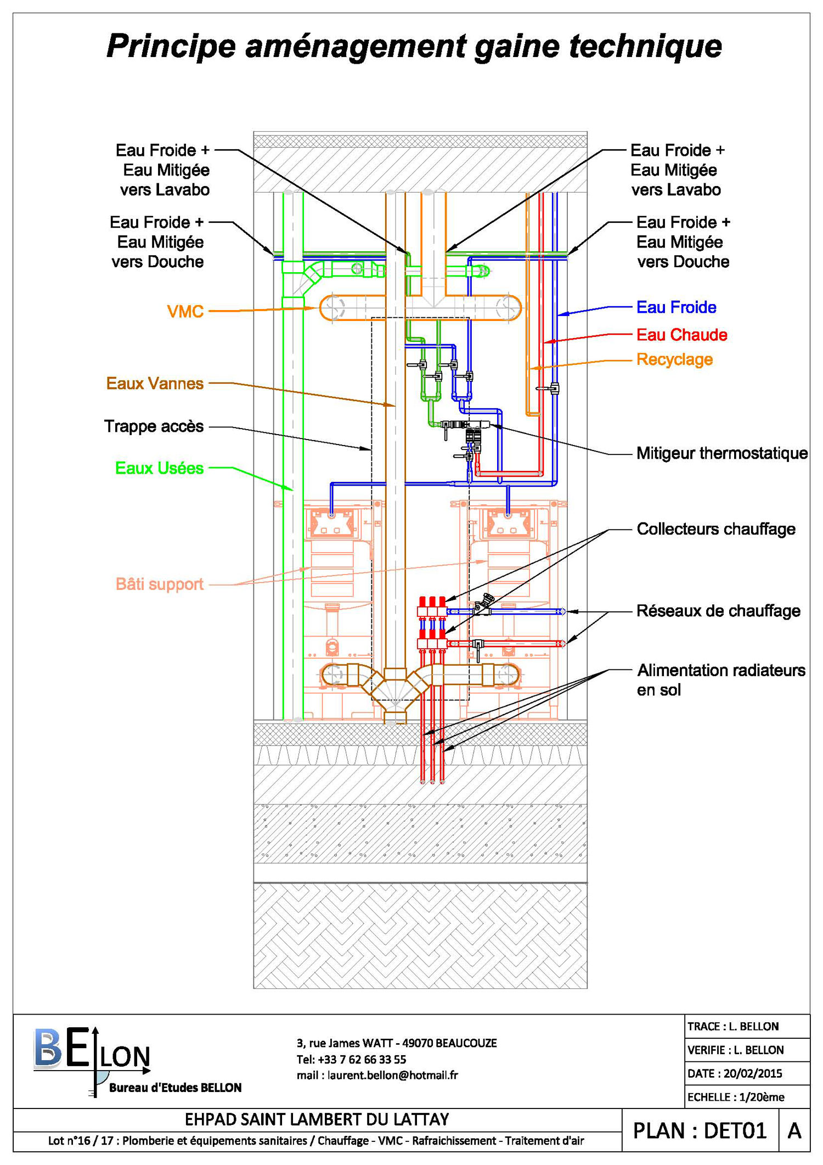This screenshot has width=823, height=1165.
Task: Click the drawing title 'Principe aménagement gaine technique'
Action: (x=414, y=46)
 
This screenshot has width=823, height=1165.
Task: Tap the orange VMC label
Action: (x=185, y=312)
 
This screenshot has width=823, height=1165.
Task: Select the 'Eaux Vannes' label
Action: (x=155, y=383)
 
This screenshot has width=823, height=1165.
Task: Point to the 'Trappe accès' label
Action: (x=154, y=426)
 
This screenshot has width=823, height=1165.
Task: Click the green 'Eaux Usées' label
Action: (x=159, y=468)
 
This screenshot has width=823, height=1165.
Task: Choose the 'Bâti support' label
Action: (x=159, y=584)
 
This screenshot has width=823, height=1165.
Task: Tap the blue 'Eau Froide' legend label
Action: (x=677, y=307)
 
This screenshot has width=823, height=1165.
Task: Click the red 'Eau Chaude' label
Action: (x=682, y=335)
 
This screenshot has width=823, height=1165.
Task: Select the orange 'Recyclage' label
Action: (x=675, y=360)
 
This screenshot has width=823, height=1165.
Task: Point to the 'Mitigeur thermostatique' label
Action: (x=722, y=453)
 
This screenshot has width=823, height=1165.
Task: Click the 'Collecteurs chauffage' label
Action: (x=716, y=529)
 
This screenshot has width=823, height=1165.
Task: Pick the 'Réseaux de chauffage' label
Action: (x=718, y=611)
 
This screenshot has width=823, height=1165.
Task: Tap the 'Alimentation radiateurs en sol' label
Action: (x=721, y=679)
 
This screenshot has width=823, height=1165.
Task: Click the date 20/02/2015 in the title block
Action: (x=753, y=1073)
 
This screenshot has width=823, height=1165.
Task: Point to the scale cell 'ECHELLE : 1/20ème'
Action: (x=736, y=1097)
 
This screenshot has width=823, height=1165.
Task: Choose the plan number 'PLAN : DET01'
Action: (x=700, y=1130)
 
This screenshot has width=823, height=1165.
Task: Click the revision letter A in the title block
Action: (x=794, y=1130)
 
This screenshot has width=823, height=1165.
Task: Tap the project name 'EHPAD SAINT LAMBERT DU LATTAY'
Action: (x=317, y=1119)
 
